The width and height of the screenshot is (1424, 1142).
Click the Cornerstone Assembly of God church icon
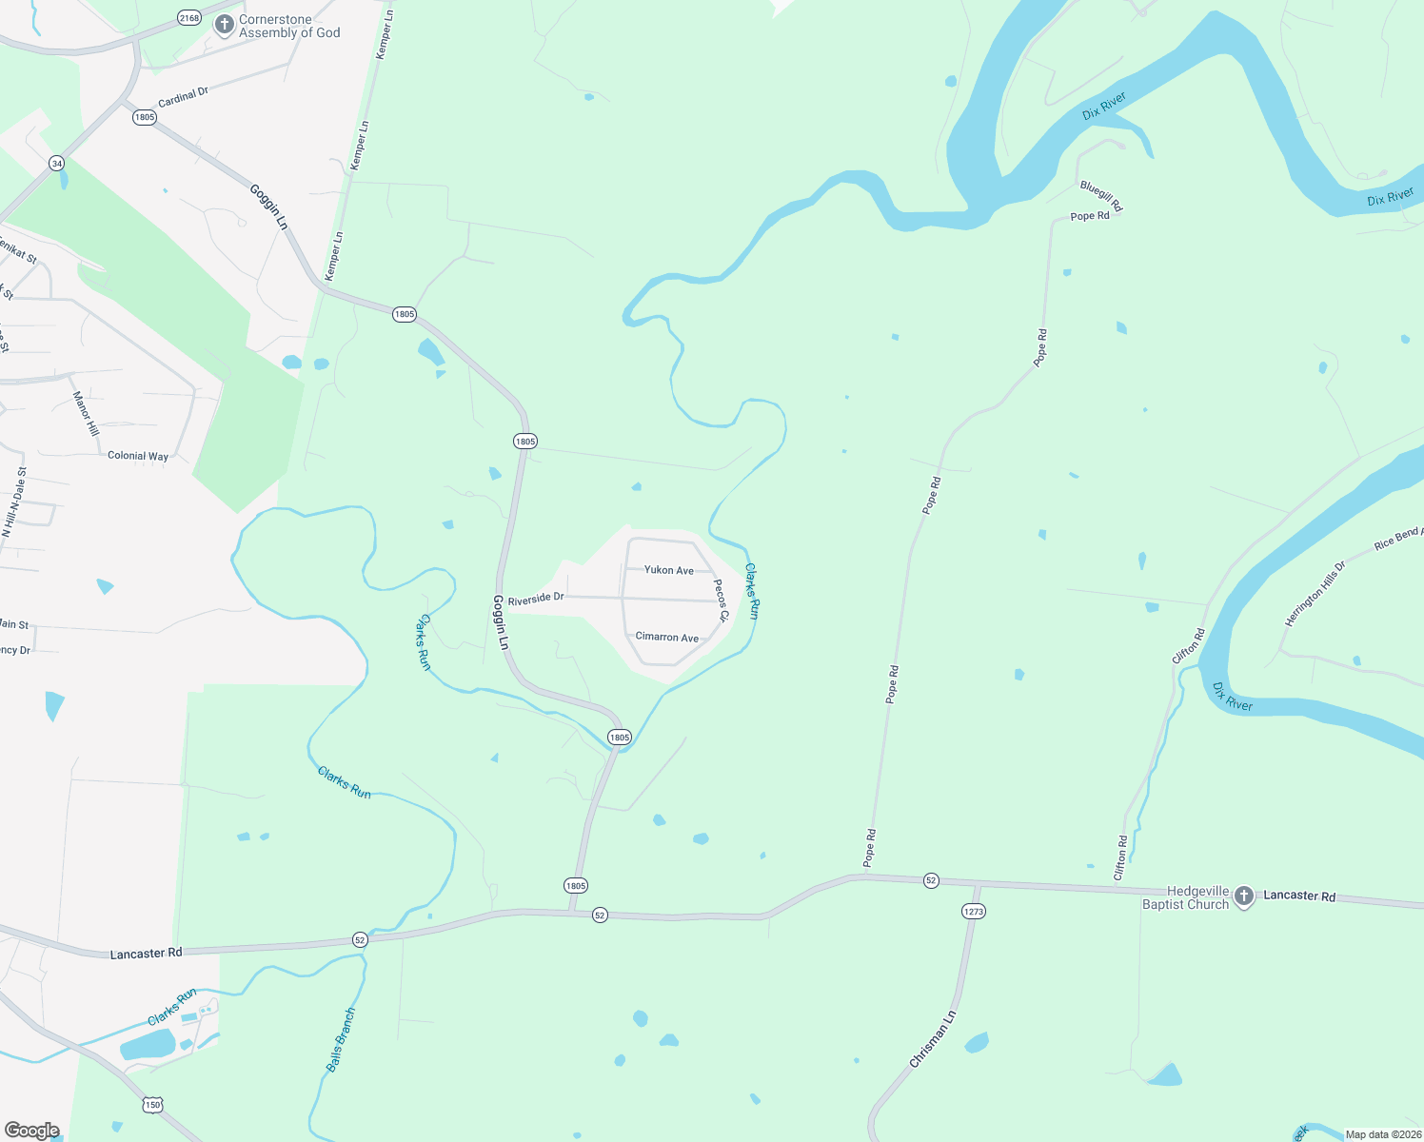(x=225, y=25)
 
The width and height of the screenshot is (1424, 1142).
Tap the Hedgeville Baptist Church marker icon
(x=1243, y=896)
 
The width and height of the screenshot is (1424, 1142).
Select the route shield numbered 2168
(x=189, y=18)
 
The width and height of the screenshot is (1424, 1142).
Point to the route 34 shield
(x=57, y=164)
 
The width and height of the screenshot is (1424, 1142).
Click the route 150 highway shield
(x=153, y=1105)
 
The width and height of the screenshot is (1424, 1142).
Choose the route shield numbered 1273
(x=973, y=911)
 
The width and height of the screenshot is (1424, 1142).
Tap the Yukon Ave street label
(x=669, y=570)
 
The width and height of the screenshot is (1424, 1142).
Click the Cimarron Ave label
(x=666, y=638)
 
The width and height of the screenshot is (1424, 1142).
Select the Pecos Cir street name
(x=721, y=601)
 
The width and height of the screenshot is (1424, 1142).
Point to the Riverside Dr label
(x=536, y=599)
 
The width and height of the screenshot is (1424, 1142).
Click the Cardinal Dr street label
(x=183, y=97)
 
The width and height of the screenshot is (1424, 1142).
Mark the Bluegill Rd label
(x=1101, y=196)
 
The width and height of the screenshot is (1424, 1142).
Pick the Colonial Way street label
(x=138, y=456)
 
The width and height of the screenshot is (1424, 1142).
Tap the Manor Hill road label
(x=86, y=413)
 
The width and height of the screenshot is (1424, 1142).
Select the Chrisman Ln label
(x=932, y=1039)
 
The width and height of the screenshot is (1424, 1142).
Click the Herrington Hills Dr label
(x=1315, y=594)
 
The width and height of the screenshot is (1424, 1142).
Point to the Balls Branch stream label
(x=341, y=1040)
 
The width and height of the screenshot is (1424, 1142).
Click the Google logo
(x=32, y=1131)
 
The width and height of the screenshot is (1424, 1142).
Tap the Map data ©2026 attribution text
(x=1382, y=1134)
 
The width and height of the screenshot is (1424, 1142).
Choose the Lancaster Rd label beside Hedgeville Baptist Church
(x=1299, y=896)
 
